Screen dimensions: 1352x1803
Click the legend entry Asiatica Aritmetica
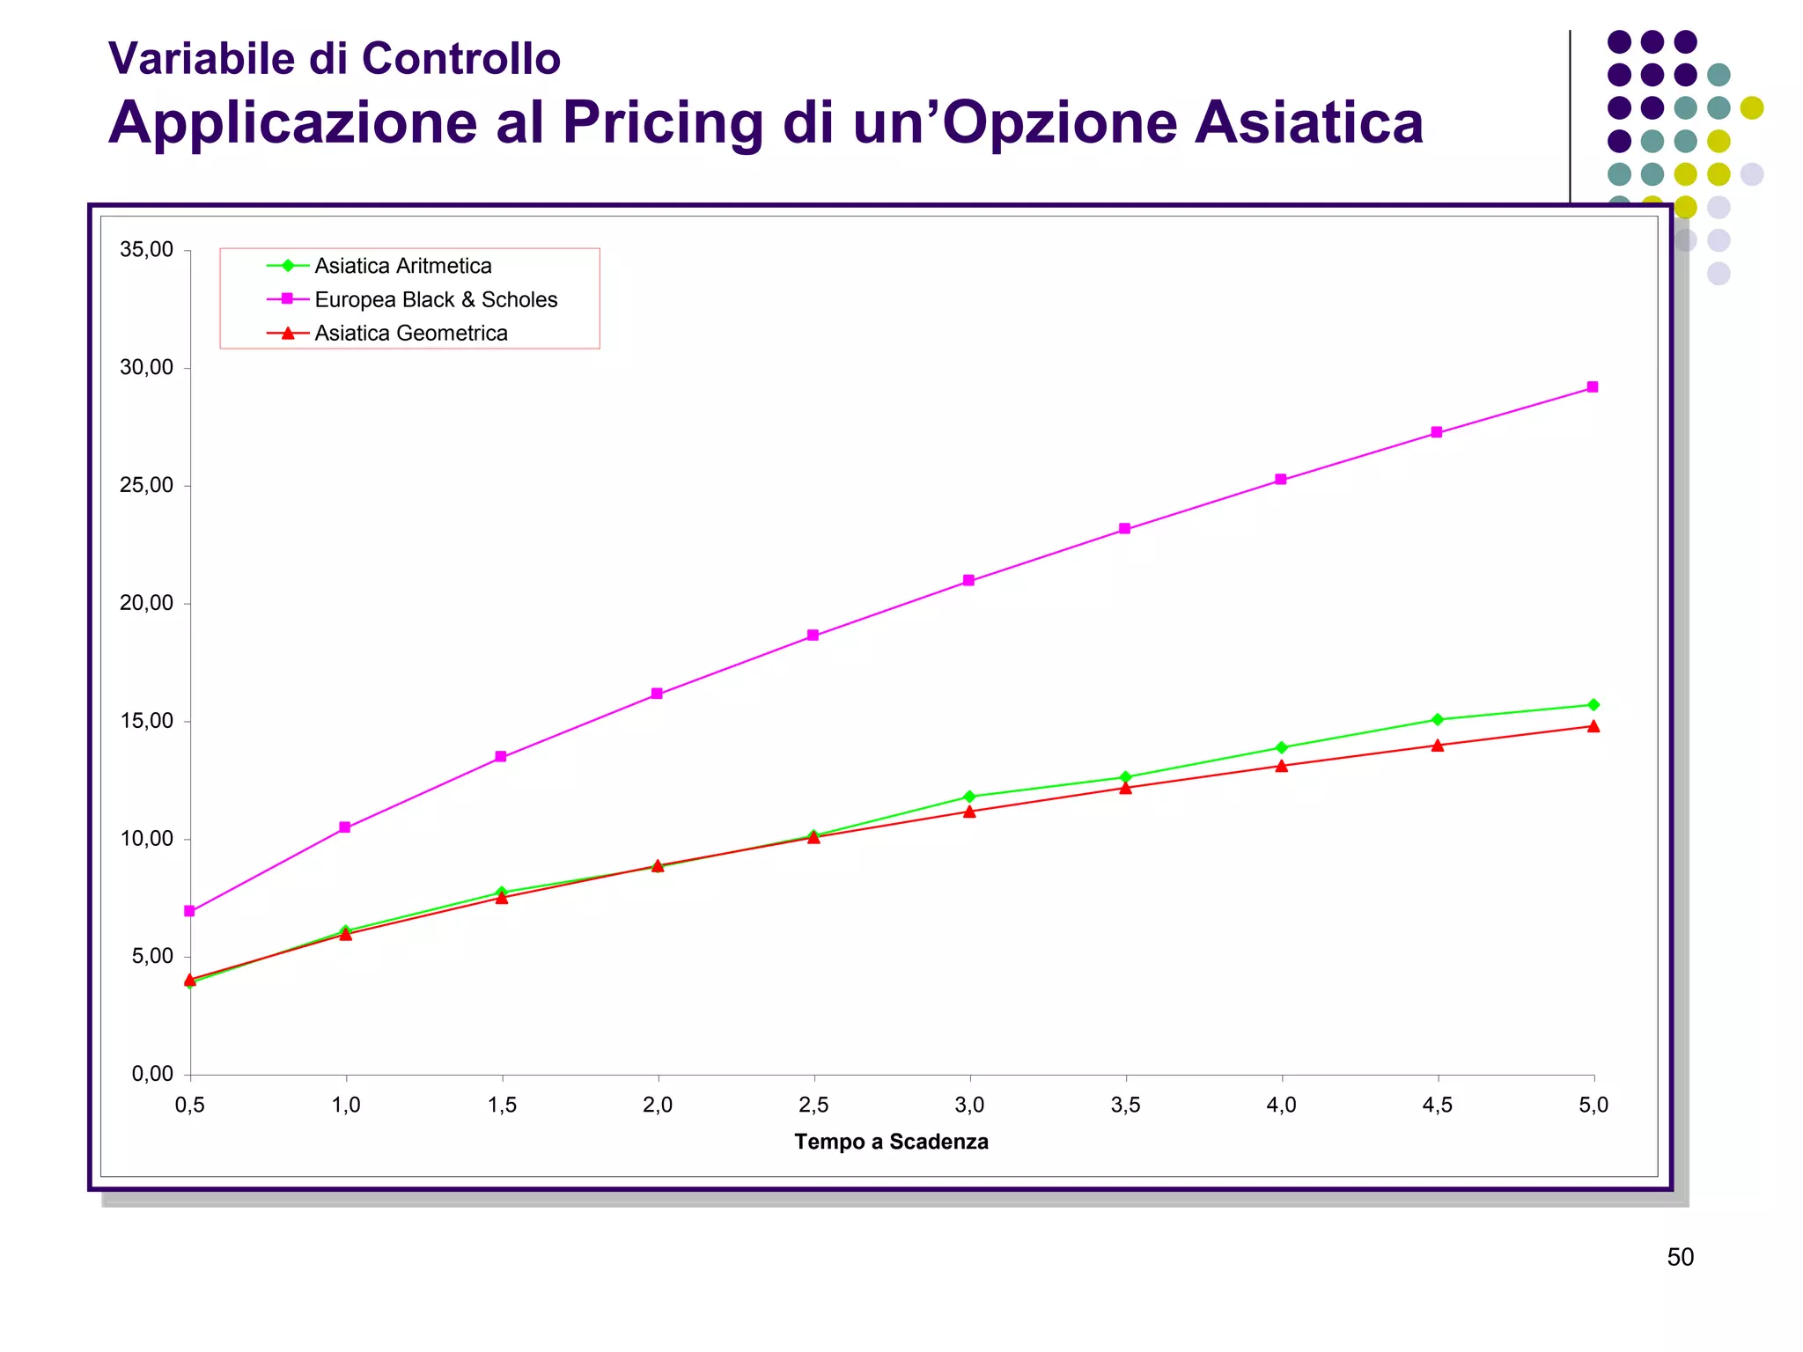[402, 266]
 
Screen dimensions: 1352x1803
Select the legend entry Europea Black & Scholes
[436, 300]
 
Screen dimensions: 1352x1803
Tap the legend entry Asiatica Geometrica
[410, 334]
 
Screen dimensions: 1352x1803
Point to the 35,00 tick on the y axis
[147, 250]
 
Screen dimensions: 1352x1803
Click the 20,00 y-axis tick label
[147, 604]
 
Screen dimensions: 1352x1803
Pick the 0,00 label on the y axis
[152, 1074]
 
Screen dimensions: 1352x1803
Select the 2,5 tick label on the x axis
[813, 1106]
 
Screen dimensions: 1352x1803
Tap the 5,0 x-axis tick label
[1593, 1106]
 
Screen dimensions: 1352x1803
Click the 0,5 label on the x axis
[190, 1106]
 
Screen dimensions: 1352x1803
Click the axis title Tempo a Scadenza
[891, 1142]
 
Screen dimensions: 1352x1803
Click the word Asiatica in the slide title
[1308, 122]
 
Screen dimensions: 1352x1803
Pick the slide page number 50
[1680, 1257]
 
